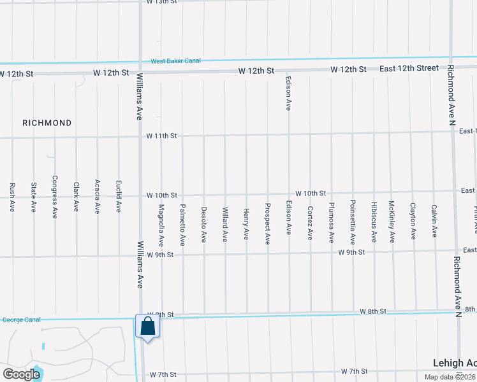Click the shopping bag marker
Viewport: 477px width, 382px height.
tap(147, 327)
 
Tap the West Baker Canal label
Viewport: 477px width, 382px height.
tap(175, 61)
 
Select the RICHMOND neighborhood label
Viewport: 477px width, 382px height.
tap(47, 122)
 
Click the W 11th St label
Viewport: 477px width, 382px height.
tap(161, 136)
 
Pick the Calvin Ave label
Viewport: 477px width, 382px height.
tap(434, 221)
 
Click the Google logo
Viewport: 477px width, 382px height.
tap(21, 374)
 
